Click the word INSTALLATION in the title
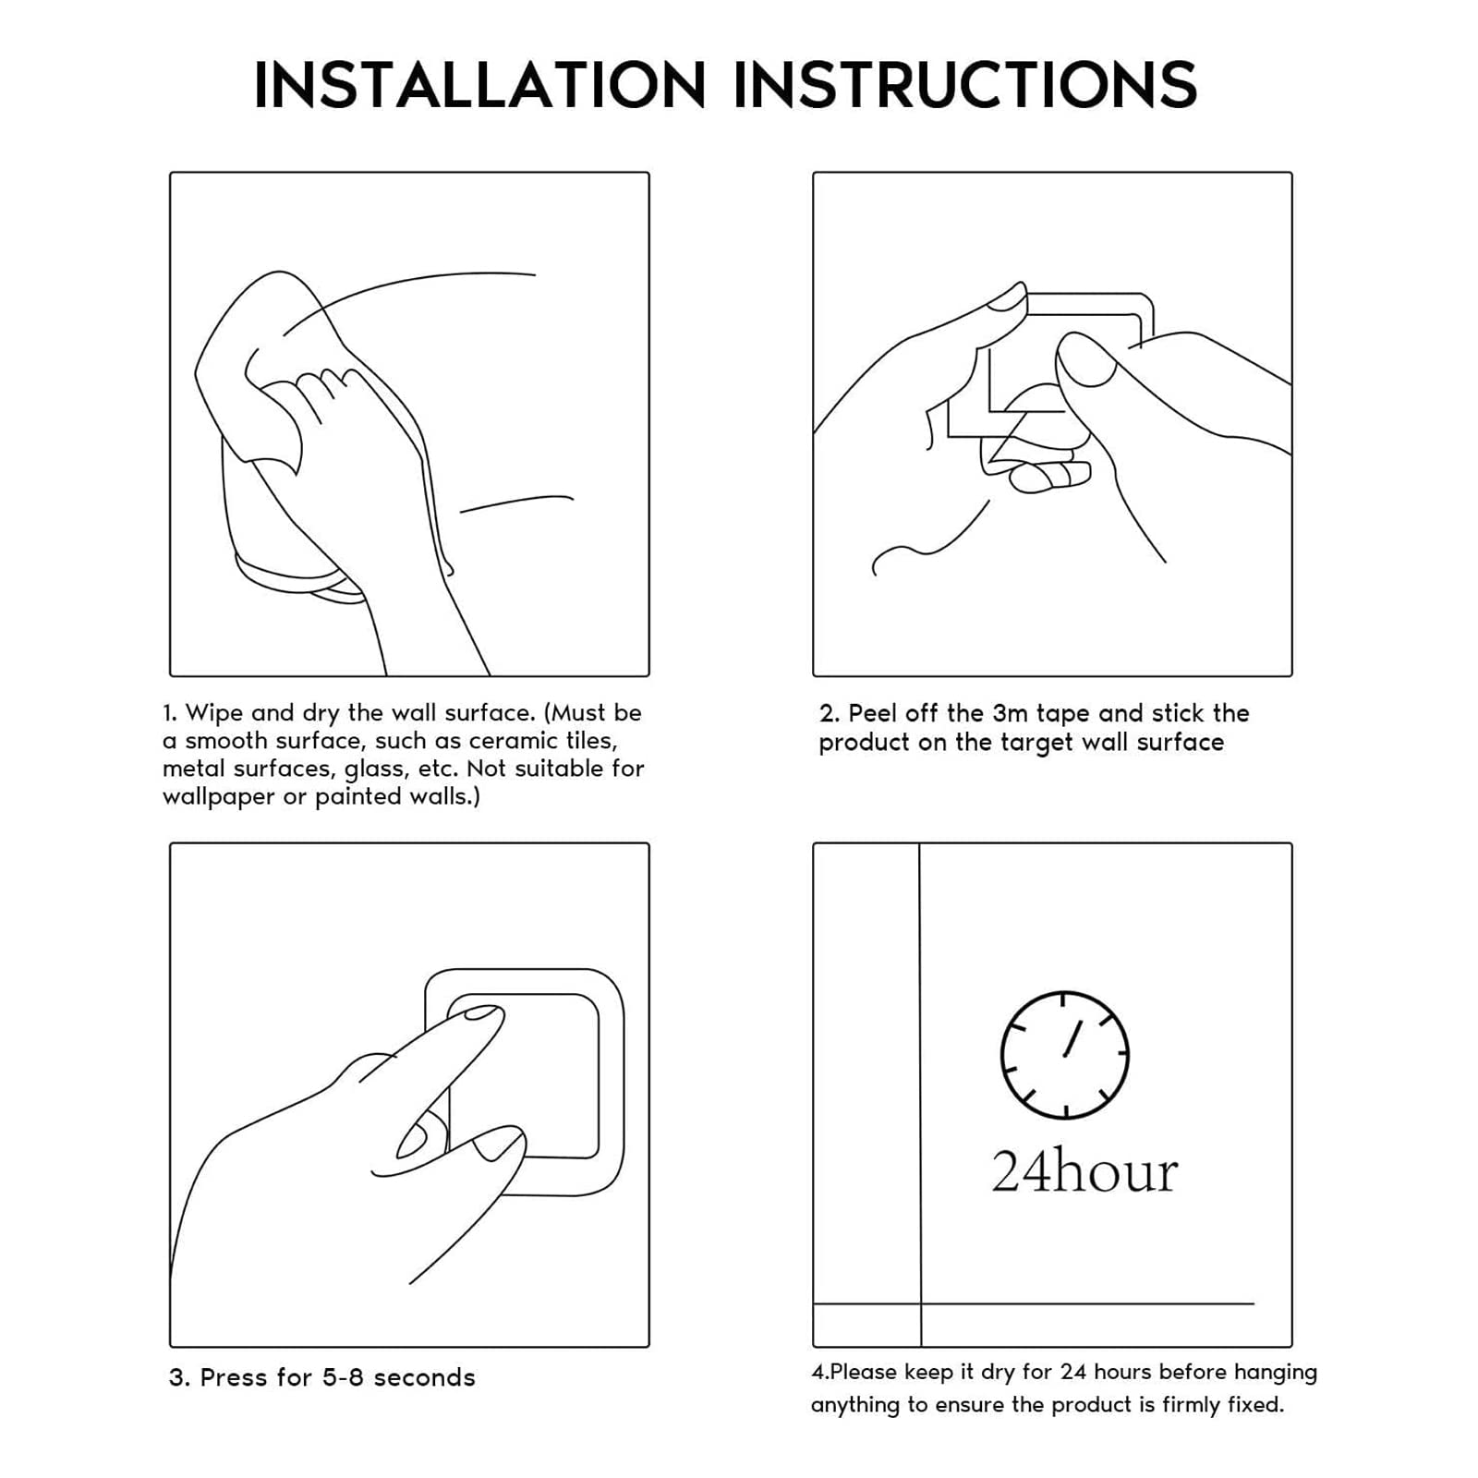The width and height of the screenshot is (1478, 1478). [x=480, y=85]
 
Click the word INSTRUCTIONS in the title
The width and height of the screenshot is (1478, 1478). [x=965, y=85]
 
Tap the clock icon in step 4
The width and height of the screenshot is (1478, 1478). [x=1064, y=1054]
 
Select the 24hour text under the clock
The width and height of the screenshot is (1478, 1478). [x=1084, y=1171]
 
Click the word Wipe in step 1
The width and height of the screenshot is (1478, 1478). [x=214, y=713]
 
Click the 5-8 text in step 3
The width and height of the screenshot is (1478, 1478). [x=344, y=1378]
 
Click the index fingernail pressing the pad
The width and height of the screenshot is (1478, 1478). [x=480, y=1013]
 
